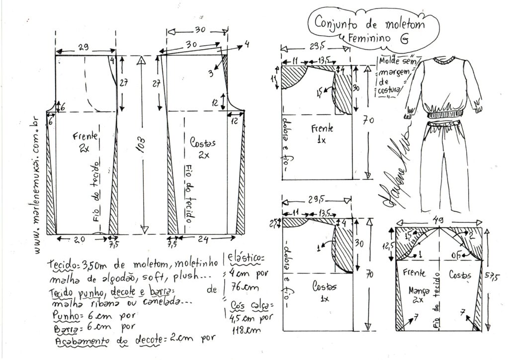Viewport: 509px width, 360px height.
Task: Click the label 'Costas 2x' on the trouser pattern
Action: coord(203,148)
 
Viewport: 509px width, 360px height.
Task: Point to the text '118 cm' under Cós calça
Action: coord(244,329)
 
